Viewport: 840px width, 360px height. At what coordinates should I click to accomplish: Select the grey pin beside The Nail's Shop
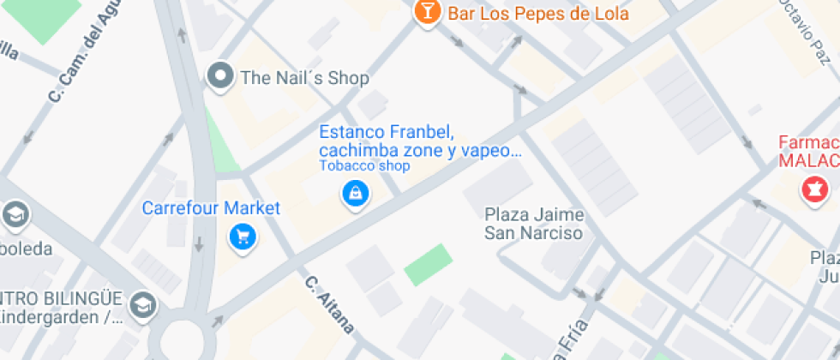(221, 76)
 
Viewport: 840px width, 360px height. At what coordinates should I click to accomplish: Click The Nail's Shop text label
(304, 78)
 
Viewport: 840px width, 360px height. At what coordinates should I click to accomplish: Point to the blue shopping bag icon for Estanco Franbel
(355, 194)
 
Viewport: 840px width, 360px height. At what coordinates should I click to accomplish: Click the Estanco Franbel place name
(419, 141)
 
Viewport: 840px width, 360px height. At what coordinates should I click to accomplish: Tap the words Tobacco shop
(364, 166)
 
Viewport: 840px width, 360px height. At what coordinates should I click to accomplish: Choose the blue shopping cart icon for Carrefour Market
(243, 236)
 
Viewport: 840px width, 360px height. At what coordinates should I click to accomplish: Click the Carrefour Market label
(211, 208)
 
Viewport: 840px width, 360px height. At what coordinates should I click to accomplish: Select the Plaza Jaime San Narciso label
(534, 224)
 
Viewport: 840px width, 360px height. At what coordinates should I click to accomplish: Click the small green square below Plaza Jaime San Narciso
(428, 265)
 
